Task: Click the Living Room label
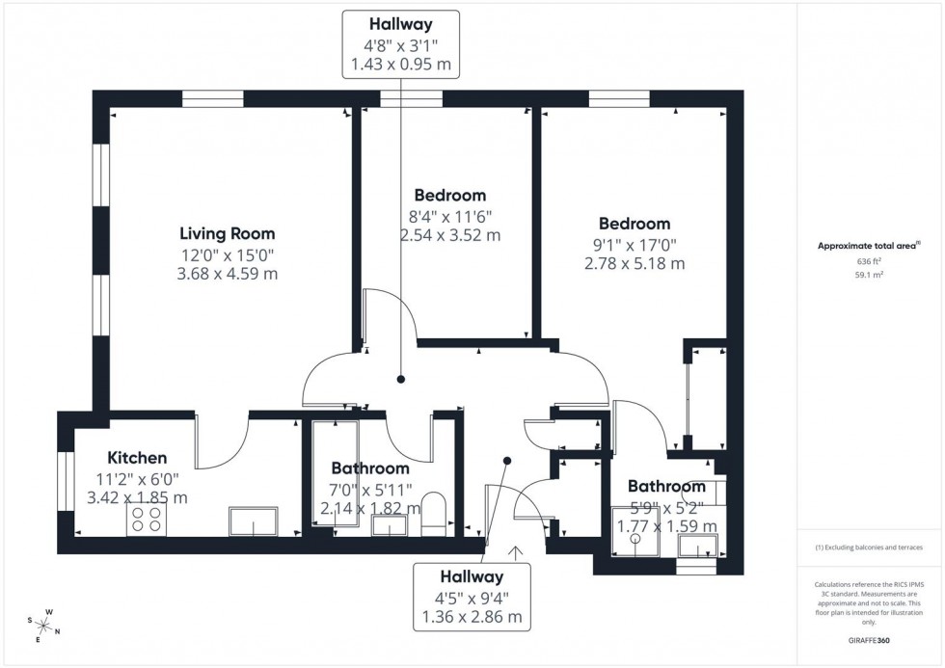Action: (x=228, y=233)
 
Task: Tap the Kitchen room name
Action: (x=137, y=457)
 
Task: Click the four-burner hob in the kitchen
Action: (x=146, y=521)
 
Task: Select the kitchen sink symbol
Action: (x=253, y=521)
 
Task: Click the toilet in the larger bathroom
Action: (x=435, y=513)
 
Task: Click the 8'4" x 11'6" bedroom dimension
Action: (x=449, y=216)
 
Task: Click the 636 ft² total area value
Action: (x=870, y=261)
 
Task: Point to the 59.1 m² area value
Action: (x=870, y=275)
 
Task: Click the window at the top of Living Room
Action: (x=212, y=98)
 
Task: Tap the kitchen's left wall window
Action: (x=66, y=480)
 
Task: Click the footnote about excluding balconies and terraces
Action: (x=869, y=548)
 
